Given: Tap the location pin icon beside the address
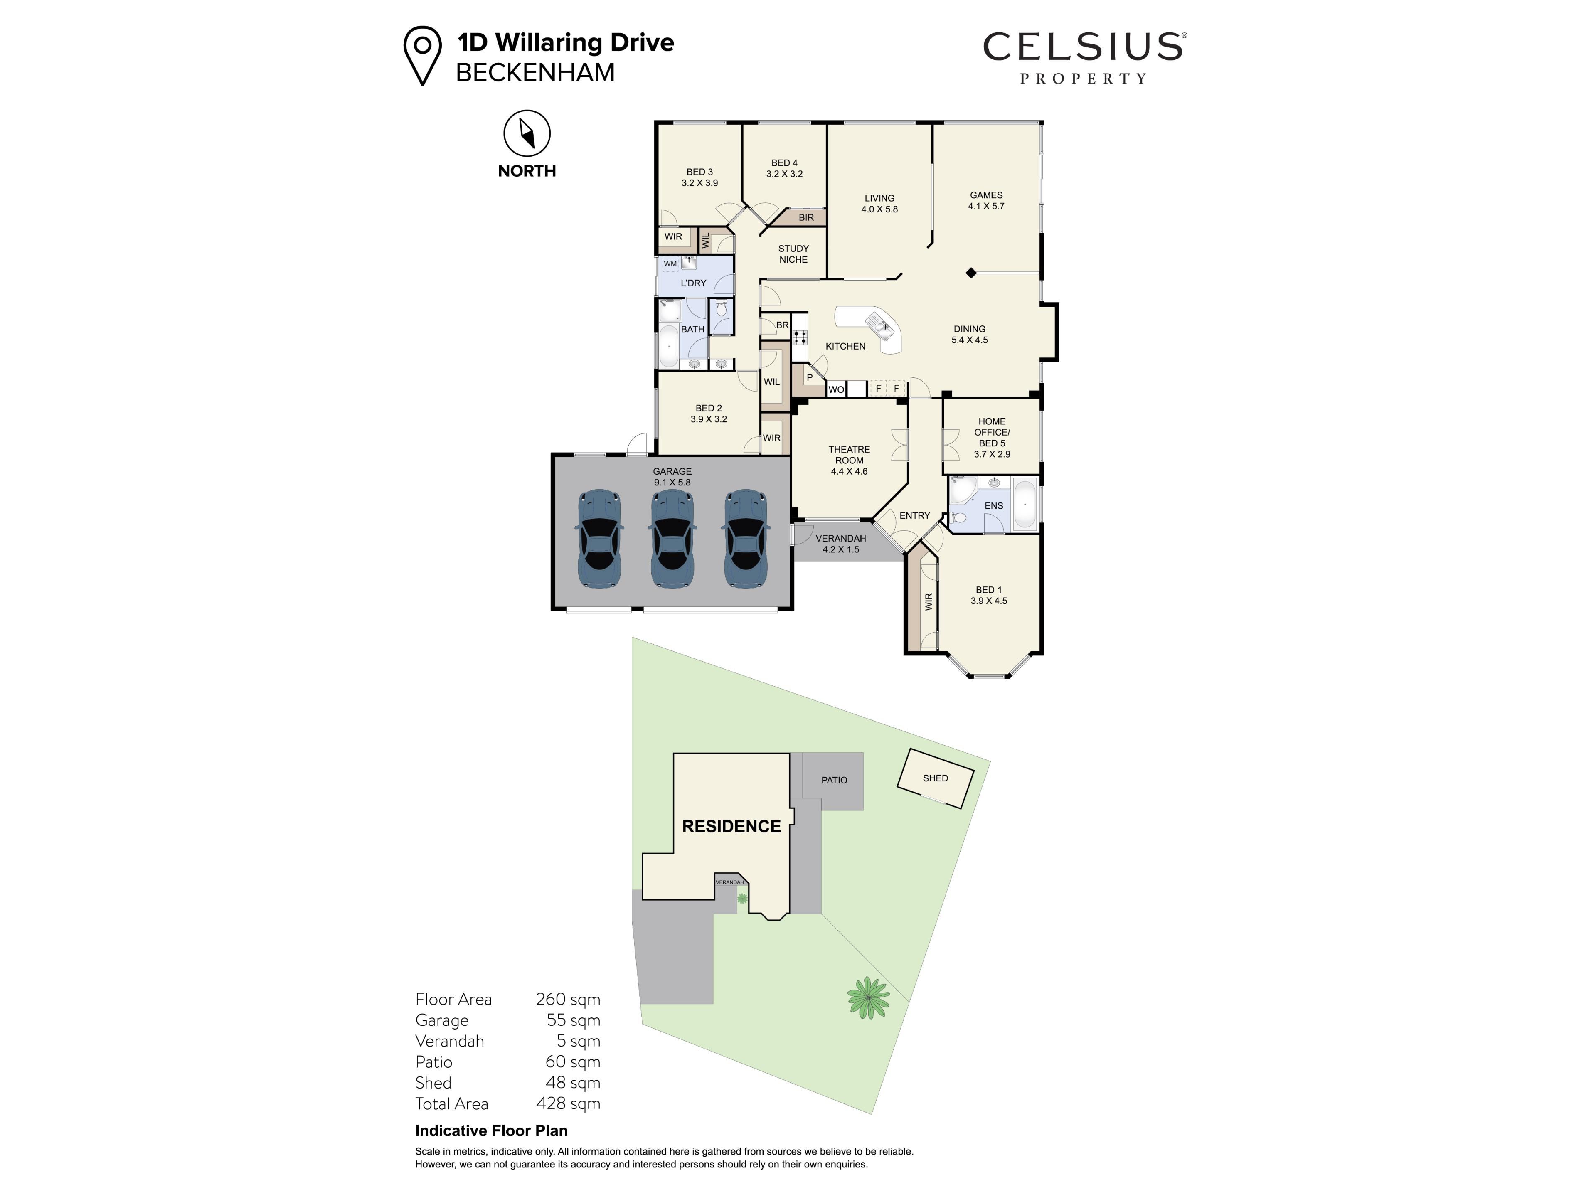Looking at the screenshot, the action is coord(422,56).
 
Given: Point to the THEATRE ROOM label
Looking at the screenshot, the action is coord(849,455).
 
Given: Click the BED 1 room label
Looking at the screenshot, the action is coord(988,589).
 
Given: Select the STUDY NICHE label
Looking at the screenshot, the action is coord(794,254).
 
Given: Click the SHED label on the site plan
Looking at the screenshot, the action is coord(935,778).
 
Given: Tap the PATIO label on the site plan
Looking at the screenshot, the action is coord(834,780).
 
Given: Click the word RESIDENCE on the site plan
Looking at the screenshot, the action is coord(731,826).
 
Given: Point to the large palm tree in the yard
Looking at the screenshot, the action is coord(868,998).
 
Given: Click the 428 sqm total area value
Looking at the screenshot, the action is coord(568,1103).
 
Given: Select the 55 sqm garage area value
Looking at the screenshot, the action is coord(574,1020).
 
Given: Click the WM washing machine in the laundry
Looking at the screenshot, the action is coord(670,264).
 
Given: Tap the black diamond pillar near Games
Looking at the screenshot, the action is coord(971,273).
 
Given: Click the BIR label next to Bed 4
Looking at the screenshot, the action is coord(806,217).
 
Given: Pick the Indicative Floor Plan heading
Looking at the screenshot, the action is coord(491,1130).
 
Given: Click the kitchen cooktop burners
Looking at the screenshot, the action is coord(799,336).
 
